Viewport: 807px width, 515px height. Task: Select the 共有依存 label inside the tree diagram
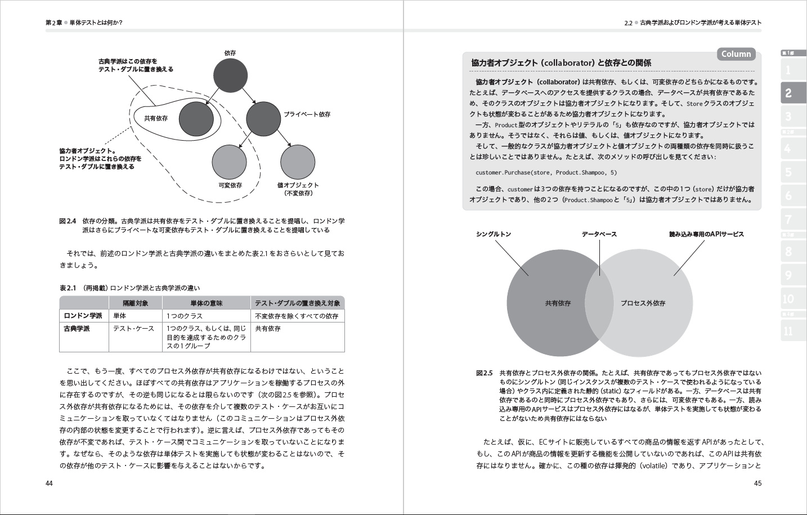[156, 118]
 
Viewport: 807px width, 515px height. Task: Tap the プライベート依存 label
[307, 114]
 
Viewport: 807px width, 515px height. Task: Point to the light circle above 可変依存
[230, 161]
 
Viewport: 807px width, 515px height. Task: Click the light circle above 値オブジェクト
[298, 161]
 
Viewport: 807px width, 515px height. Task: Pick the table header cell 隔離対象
[136, 303]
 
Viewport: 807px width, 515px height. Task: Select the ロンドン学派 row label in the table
[83, 316]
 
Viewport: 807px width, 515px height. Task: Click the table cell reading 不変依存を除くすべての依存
[297, 316]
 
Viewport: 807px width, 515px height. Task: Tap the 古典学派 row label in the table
[77, 328]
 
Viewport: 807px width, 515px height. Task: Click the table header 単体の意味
[207, 303]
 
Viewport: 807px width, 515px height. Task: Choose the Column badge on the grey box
[736, 54]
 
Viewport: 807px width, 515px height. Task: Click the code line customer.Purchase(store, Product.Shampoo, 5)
[546, 173]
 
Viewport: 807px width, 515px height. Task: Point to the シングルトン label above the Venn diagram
[494, 234]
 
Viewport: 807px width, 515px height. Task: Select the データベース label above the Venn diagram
[599, 234]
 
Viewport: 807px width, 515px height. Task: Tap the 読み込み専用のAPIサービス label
[706, 234]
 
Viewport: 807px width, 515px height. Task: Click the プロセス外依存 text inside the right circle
[643, 303]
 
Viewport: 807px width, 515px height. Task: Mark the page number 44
[49, 483]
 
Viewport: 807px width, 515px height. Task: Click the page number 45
[757, 483]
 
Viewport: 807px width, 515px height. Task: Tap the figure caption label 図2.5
[484, 373]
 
